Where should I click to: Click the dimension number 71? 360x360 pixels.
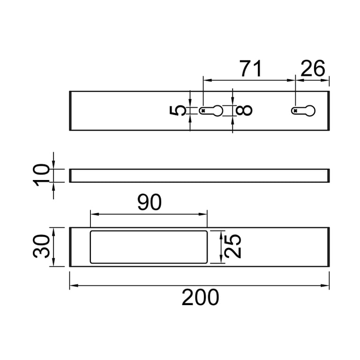250,69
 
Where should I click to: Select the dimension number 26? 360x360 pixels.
313,69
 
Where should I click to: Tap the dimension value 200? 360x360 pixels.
200,298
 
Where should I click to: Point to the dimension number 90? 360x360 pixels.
149,202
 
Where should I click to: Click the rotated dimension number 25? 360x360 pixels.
233,246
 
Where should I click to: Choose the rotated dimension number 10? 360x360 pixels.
42,175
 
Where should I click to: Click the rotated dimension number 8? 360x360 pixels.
245,111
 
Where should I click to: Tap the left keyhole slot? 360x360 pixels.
211,111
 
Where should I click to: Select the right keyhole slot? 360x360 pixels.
304,111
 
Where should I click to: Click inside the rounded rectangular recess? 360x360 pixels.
148,247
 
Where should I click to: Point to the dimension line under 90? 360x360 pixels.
148,214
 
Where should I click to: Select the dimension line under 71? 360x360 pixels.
249,80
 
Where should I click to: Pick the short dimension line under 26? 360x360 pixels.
312,80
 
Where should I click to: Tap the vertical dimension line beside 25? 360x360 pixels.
221,247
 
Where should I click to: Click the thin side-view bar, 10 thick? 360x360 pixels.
199,175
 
